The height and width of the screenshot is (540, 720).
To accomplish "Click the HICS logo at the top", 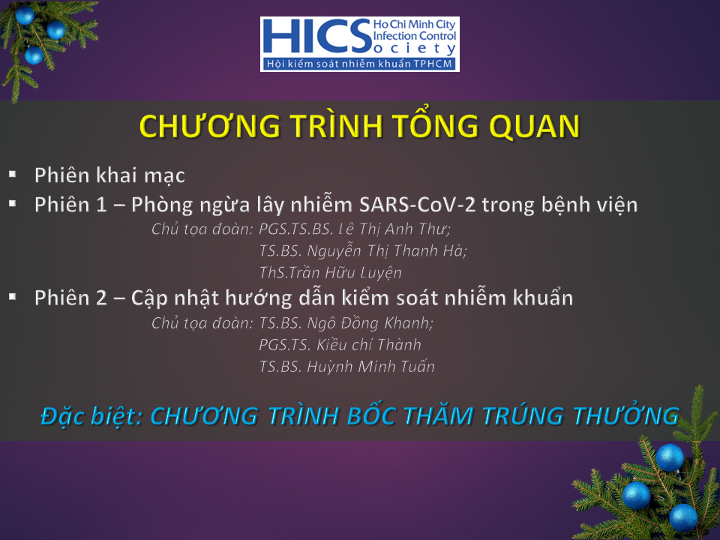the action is [359, 44].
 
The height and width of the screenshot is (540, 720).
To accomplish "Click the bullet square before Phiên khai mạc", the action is [13, 174].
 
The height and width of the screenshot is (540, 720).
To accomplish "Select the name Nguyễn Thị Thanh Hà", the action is [387, 251].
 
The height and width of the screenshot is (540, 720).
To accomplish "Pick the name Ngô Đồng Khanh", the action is [370, 323].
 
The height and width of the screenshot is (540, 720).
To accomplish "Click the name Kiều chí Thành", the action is [369, 345].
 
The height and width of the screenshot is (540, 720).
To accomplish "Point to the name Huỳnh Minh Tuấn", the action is [370, 367].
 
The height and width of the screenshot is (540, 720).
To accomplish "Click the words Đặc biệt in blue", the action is [91, 416].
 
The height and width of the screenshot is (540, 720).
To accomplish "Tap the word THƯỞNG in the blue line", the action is [625, 415].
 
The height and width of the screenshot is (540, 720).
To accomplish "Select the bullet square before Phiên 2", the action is [13, 297].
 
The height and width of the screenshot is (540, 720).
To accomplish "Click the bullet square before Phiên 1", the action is [13, 203].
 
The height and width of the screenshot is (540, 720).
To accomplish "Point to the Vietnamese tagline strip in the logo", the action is [359, 64].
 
